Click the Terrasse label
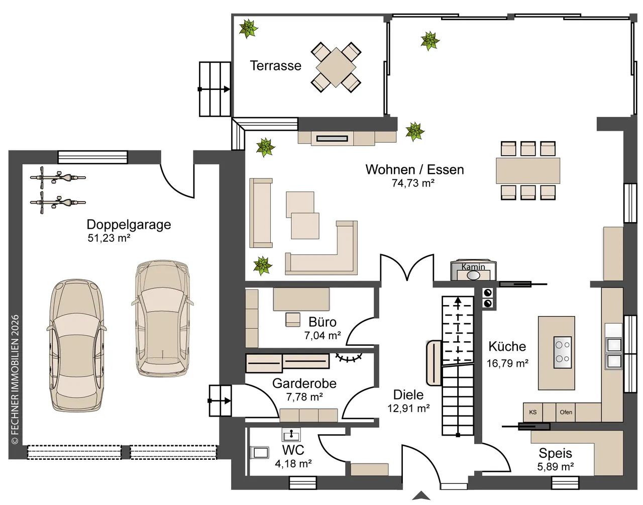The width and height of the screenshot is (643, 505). click(x=275, y=66)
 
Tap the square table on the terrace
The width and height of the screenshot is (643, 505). click(x=336, y=67)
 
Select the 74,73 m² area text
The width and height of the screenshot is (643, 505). click(x=413, y=183)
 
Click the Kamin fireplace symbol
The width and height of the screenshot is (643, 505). click(x=473, y=271)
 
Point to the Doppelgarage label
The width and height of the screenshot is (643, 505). click(x=129, y=225)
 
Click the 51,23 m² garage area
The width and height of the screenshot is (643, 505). click(x=109, y=238)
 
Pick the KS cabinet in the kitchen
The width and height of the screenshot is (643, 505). click(x=532, y=412)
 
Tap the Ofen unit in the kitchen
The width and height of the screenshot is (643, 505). click(x=566, y=412)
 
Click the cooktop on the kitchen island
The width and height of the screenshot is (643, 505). click(x=563, y=352)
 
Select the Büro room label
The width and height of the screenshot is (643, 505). click(x=322, y=322)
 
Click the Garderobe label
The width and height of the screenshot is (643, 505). click(x=304, y=383)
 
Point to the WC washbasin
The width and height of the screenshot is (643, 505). click(x=291, y=435)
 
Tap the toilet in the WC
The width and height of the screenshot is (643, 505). click(x=260, y=453)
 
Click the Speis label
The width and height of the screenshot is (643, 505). click(x=555, y=453)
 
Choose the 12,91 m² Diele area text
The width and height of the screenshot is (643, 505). click(x=408, y=409)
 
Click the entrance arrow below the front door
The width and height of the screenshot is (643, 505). click(x=421, y=496)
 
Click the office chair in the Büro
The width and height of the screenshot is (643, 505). click(x=293, y=320)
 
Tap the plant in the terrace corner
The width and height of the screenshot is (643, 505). click(x=248, y=29)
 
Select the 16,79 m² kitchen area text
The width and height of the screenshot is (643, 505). click(x=507, y=363)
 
